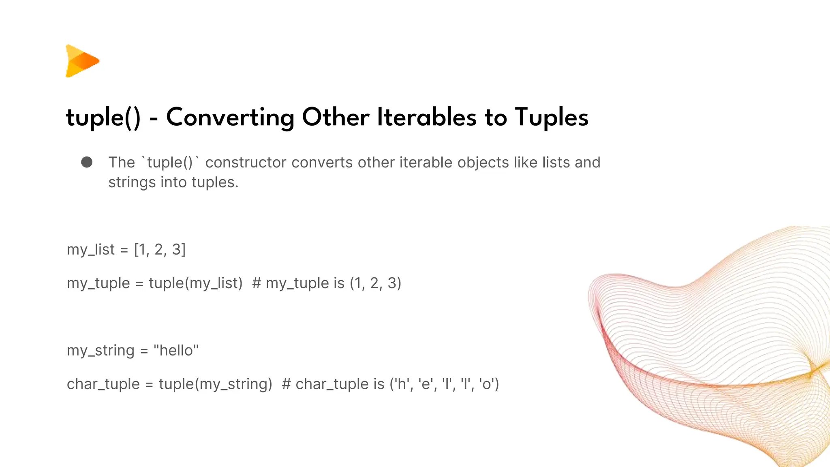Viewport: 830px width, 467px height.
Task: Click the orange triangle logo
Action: (82, 61)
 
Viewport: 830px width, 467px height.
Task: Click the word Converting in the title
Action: (230, 118)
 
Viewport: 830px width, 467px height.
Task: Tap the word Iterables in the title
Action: (426, 118)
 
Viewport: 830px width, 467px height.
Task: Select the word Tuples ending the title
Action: (551, 118)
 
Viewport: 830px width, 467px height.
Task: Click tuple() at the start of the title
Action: (103, 118)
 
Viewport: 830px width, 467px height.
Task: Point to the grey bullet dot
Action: (87, 162)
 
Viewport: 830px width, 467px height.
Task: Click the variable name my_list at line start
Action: (91, 250)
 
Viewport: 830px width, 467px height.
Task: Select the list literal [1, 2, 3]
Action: (160, 250)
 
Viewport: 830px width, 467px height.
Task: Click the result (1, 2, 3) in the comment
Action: (375, 283)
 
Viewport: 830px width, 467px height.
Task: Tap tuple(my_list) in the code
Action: (195, 283)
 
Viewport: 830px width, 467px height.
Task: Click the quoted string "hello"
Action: (176, 351)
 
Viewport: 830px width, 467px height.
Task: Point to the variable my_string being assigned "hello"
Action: (100, 351)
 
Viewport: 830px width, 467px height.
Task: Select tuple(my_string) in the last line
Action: (215, 384)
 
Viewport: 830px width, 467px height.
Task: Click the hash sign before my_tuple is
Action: (256, 283)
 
